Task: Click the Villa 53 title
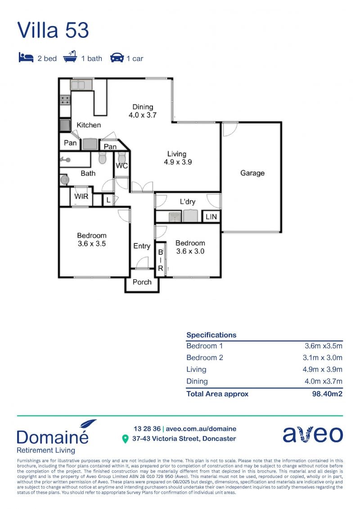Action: (x=53, y=30)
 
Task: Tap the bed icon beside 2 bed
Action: (x=26, y=57)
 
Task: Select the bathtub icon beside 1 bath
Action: (x=70, y=57)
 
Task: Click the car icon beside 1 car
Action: (x=117, y=58)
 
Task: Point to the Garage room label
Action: (x=252, y=173)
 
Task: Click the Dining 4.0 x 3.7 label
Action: (x=143, y=111)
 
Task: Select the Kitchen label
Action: (x=89, y=125)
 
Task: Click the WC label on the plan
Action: (x=122, y=166)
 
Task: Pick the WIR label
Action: (x=81, y=196)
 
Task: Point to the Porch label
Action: (x=142, y=282)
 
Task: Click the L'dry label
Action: (x=188, y=202)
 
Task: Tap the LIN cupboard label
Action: (x=211, y=216)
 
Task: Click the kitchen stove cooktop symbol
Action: (x=65, y=100)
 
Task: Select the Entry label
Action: (x=142, y=246)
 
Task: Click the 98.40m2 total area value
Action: (x=327, y=394)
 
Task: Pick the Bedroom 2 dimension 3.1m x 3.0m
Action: (x=323, y=358)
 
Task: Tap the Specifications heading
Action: (x=211, y=335)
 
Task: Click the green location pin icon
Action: (x=125, y=439)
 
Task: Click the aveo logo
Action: (x=313, y=434)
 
